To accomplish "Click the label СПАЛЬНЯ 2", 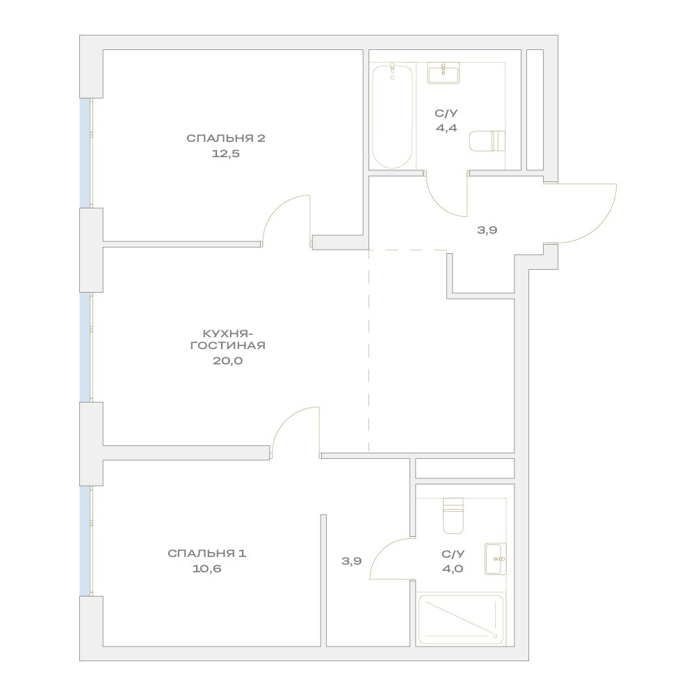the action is pyautogui.click(x=226, y=138).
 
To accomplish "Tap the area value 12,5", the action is pyautogui.click(x=226, y=154).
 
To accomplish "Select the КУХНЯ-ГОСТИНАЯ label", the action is pyautogui.click(x=227, y=339).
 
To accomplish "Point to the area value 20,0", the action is pyautogui.click(x=227, y=361).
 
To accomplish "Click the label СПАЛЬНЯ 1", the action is pyautogui.click(x=207, y=553).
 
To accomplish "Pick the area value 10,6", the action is pyautogui.click(x=207, y=569).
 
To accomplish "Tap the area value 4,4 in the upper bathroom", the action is pyautogui.click(x=446, y=129).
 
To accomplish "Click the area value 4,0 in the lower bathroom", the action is pyautogui.click(x=453, y=569).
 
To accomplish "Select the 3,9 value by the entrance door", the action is pyautogui.click(x=487, y=230).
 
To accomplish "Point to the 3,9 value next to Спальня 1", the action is pyautogui.click(x=352, y=561).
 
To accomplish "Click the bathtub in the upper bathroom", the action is pyautogui.click(x=392, y=117).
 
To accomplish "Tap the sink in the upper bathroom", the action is pyautogui.click(x=444, y=73).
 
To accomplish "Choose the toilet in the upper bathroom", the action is pyautogui.click(x=487, y=141).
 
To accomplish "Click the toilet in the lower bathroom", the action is pyautogui.click(x=453, y=516).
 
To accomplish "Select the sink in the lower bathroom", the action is pyautogui.click(x=496, y=559).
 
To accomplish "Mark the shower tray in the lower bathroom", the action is pyautogui.click(x=461, y=620).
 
